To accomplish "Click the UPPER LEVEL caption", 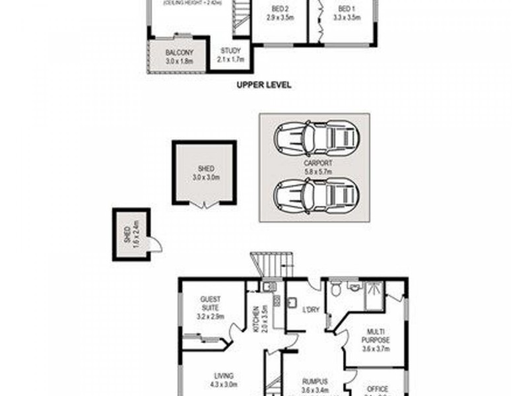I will click(x=263, y=85).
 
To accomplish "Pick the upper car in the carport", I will click(x=315, y=138).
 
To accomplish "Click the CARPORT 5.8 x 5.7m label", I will click(x=317, y=166).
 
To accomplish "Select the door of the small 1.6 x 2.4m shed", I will click(x=154, y=245).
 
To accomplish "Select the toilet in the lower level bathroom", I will click(x=337, y=288).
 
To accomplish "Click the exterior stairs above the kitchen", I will click(x=271, y=265).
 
